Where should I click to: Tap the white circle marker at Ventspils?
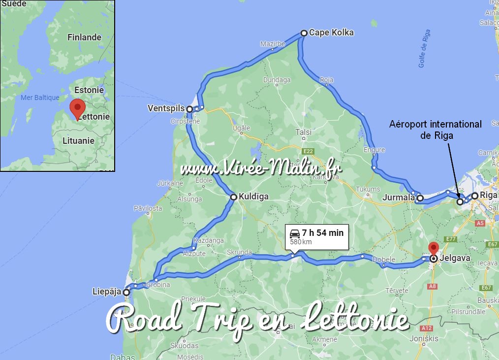pos(189,109)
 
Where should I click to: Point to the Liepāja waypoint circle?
pos(126,292)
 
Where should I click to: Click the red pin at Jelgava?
pos(433,248)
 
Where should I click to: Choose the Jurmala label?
pos(399,198)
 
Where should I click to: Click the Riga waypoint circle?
pos(474,196)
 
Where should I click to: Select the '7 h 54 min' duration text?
pos(323,232)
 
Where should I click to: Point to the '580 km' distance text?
pos(301,242)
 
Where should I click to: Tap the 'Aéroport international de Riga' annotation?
pos(435,130)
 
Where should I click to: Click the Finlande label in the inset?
pos(84,37)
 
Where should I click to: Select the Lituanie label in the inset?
pos(78,140)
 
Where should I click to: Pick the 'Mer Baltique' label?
pos(40,98)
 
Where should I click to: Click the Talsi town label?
pos(303,132)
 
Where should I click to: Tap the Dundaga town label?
pos(277,80)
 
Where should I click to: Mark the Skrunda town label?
pos(239,252)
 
